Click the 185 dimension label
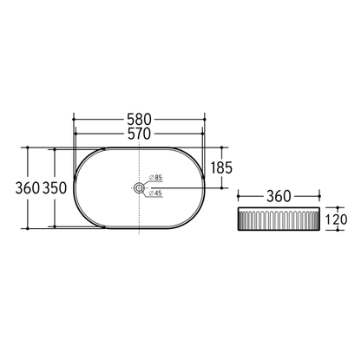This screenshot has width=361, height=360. pyautogui.click(x=221, y=167)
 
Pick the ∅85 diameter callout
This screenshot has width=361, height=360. pyautogui.click(x=156, y=178)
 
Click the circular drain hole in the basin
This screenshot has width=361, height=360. pyautogui.click(x=138, y=187)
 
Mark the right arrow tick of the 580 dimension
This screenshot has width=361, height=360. pyautogui.click(x=205, y=115)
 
